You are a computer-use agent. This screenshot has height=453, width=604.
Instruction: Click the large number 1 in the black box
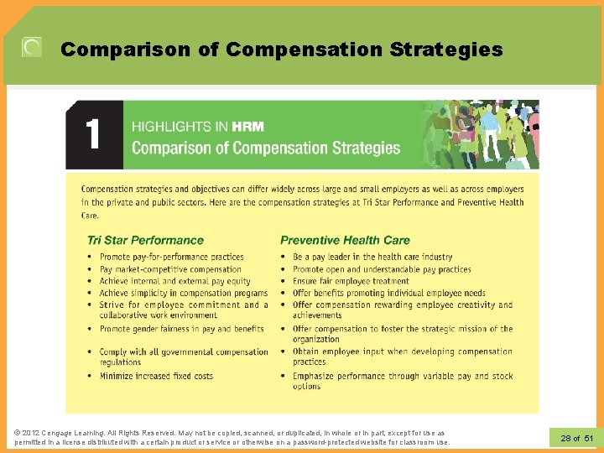coord(93,134)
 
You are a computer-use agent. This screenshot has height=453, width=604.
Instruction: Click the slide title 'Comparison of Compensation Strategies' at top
coord(281,49)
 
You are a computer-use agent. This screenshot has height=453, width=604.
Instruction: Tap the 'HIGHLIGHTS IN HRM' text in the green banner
coord(198,127)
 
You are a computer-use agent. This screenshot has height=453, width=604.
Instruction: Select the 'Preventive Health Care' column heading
coord(345,240)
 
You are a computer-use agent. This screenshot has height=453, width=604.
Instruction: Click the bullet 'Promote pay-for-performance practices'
coord(171,257)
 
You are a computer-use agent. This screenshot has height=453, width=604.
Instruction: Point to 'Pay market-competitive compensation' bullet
coord(170,269)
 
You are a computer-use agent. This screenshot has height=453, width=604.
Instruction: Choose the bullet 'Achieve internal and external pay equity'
coord(174,281)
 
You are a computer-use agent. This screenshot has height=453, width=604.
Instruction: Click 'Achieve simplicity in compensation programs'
coord(183,293)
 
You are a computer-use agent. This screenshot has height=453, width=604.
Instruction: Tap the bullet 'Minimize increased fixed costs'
coord(156,376)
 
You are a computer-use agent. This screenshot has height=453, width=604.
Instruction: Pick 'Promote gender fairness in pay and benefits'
coord(181,329)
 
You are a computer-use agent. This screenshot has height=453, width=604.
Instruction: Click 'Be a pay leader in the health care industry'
coord(372,257)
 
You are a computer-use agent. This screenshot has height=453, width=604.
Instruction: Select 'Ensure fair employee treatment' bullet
coord(351,281)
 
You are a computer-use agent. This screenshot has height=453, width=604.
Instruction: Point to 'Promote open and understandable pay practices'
coord(382,269)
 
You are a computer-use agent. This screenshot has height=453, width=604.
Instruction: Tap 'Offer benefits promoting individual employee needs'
coord(388,293)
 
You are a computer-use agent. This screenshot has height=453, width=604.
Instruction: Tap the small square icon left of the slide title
coord(31,48)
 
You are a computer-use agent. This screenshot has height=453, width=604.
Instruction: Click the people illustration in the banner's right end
coord(479,134)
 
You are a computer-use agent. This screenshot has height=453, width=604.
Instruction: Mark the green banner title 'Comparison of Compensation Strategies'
coord(266,148)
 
